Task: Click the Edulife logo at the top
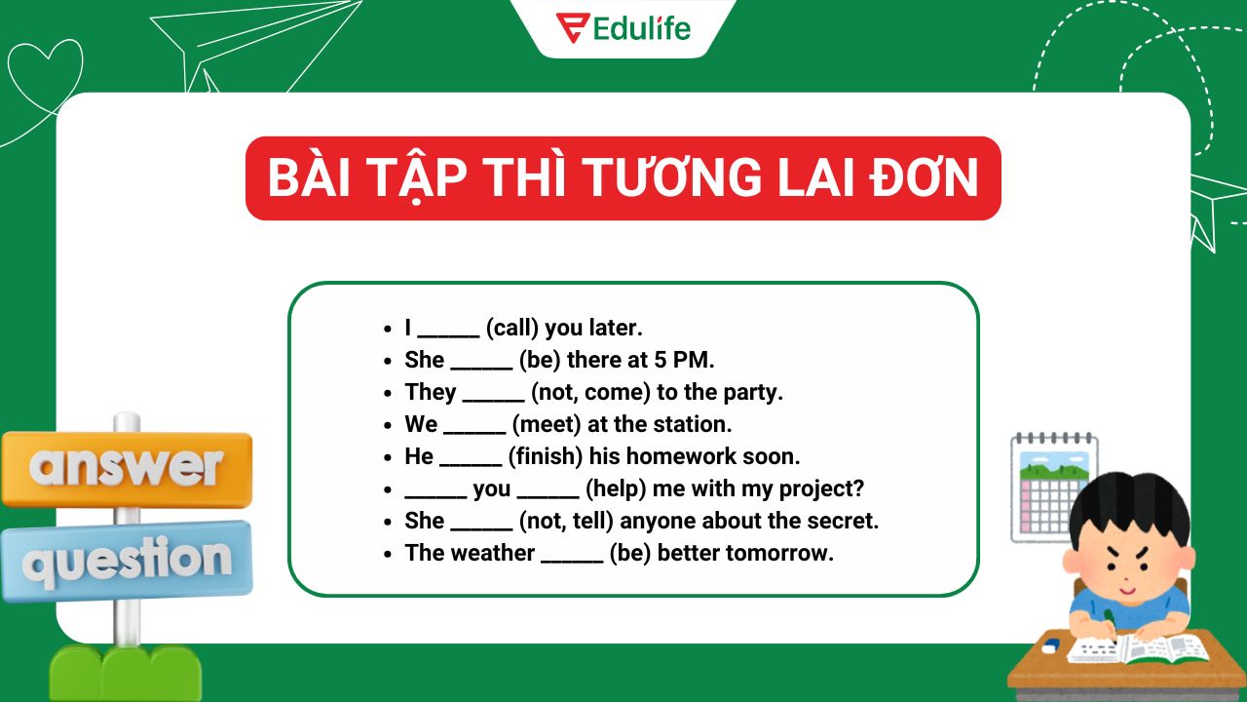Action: click(x=623, y=27)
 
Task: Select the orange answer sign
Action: click(x=127, y=469)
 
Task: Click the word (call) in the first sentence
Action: click(x=511, y=328)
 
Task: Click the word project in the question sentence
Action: click(x=821, y=488)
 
